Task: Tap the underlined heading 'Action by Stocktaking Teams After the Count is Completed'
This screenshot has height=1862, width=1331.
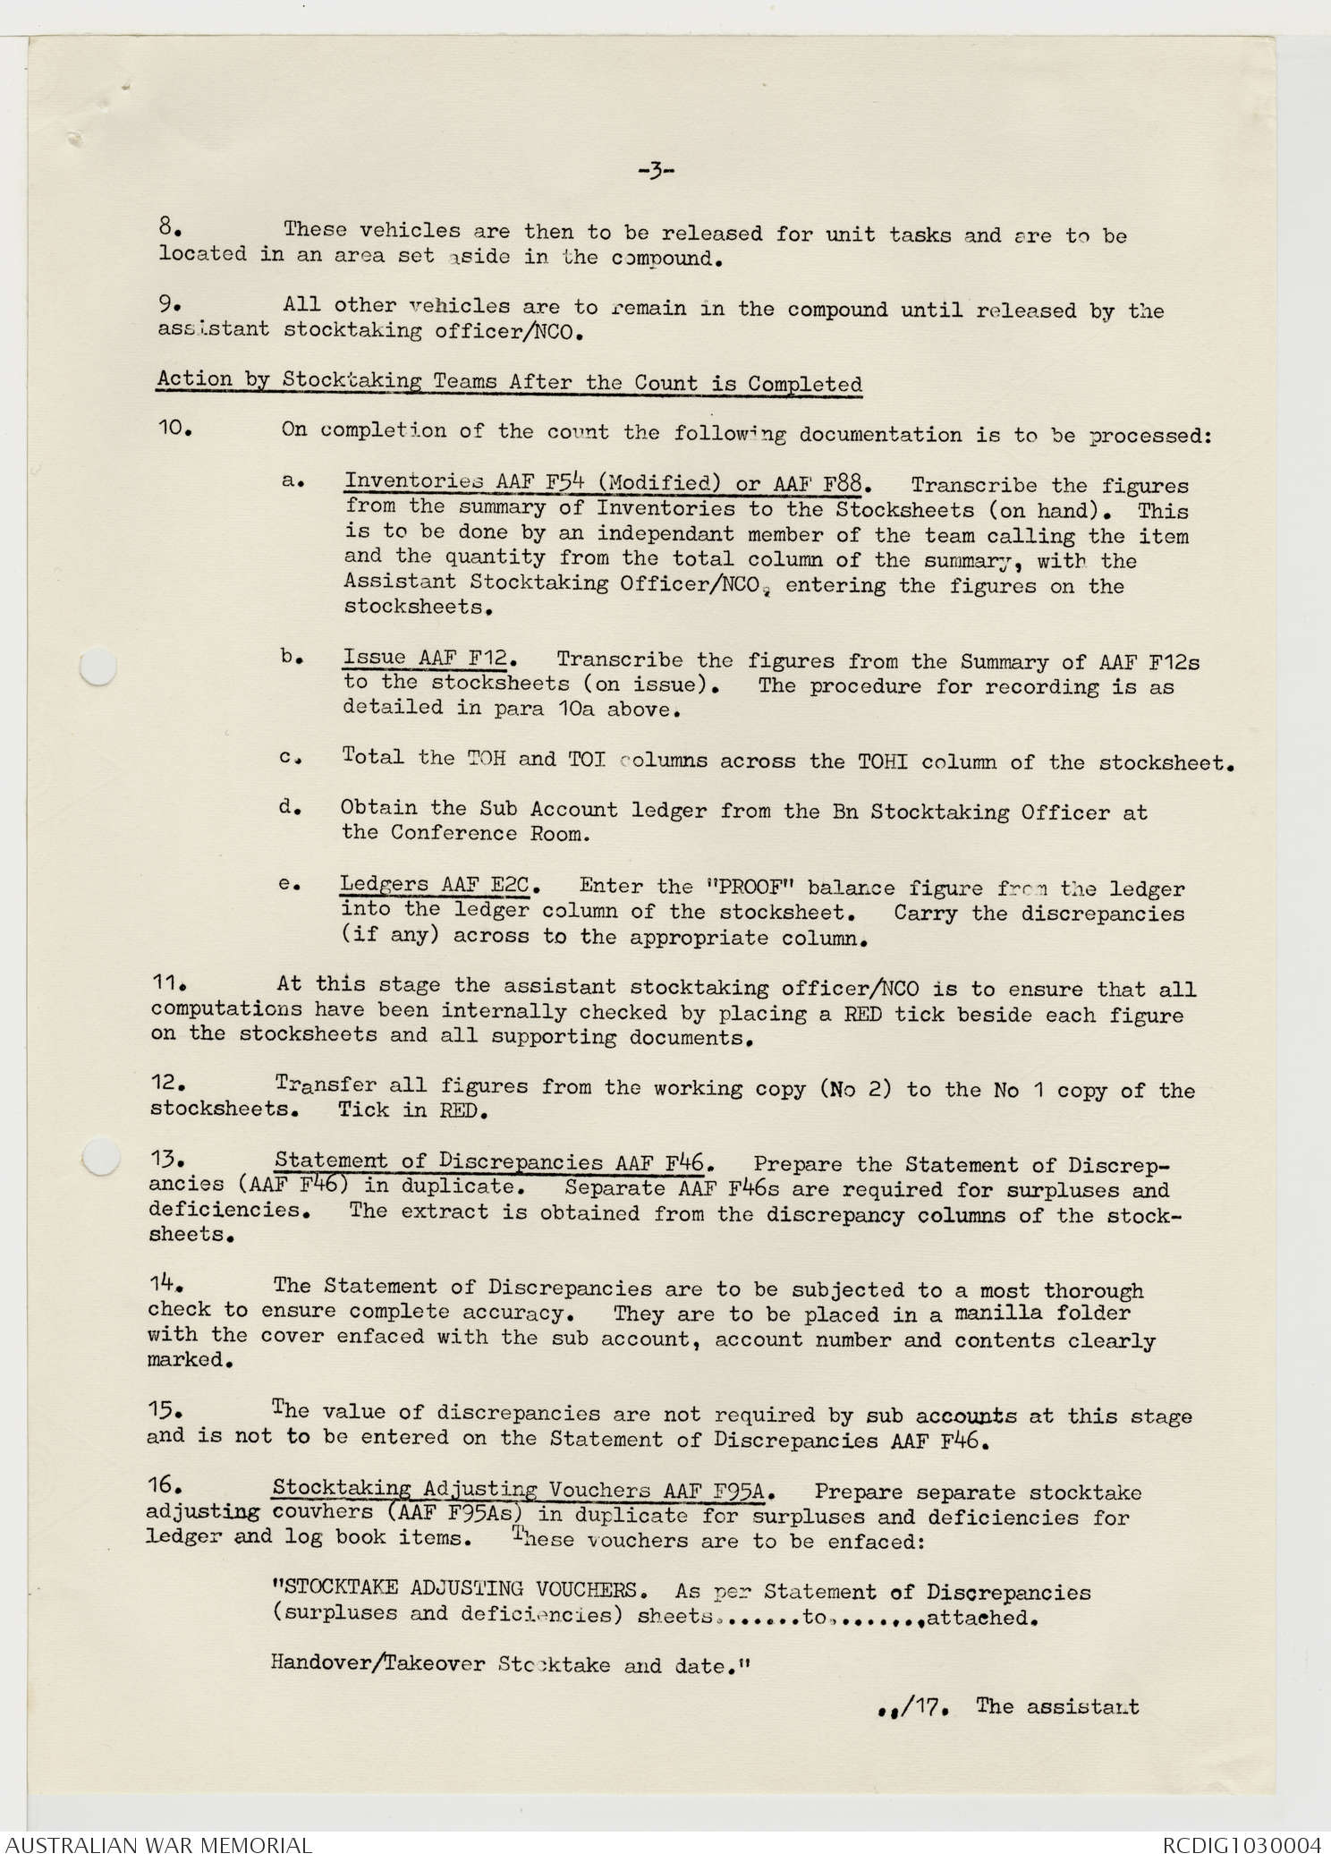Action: pos(509,382)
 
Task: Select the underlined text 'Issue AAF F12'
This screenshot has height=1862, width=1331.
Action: pos(425,658)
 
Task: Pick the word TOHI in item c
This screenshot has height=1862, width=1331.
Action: pos(883,761)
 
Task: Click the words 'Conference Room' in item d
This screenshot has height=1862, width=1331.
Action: pos(454,833)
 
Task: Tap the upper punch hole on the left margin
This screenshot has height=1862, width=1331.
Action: pos(98,667)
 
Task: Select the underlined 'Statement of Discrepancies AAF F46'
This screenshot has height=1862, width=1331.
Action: pos(493,1162)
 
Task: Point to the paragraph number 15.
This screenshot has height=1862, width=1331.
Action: pos(165,1411)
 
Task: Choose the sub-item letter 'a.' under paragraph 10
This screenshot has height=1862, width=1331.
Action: pos(290,481)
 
